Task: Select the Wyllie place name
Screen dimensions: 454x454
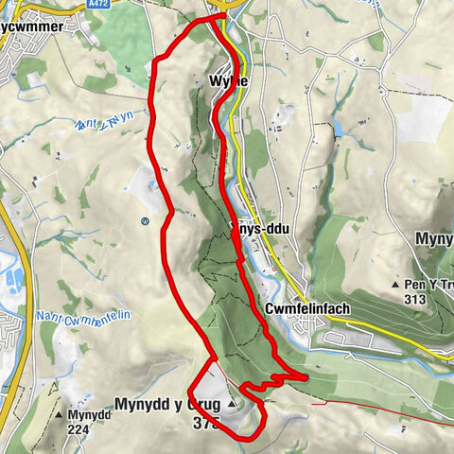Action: pos(228,82)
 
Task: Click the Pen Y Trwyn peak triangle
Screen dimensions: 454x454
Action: pos(395,284)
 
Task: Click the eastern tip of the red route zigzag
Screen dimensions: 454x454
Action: pos(307,377)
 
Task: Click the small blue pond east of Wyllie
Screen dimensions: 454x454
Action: pos(339,127)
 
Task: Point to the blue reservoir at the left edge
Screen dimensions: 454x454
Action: pos(14,280)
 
